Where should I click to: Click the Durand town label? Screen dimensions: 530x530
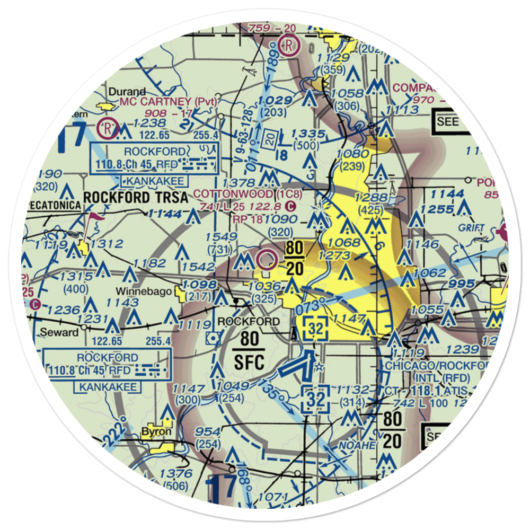[127, 91]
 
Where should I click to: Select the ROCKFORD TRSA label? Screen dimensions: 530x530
[136, 198]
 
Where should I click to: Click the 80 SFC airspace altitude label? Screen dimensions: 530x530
[249, 350]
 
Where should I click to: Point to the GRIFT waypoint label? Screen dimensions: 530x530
[473, 228]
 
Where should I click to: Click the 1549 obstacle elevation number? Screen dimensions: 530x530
[220, 237]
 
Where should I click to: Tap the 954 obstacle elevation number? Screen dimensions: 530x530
[208, 431]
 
